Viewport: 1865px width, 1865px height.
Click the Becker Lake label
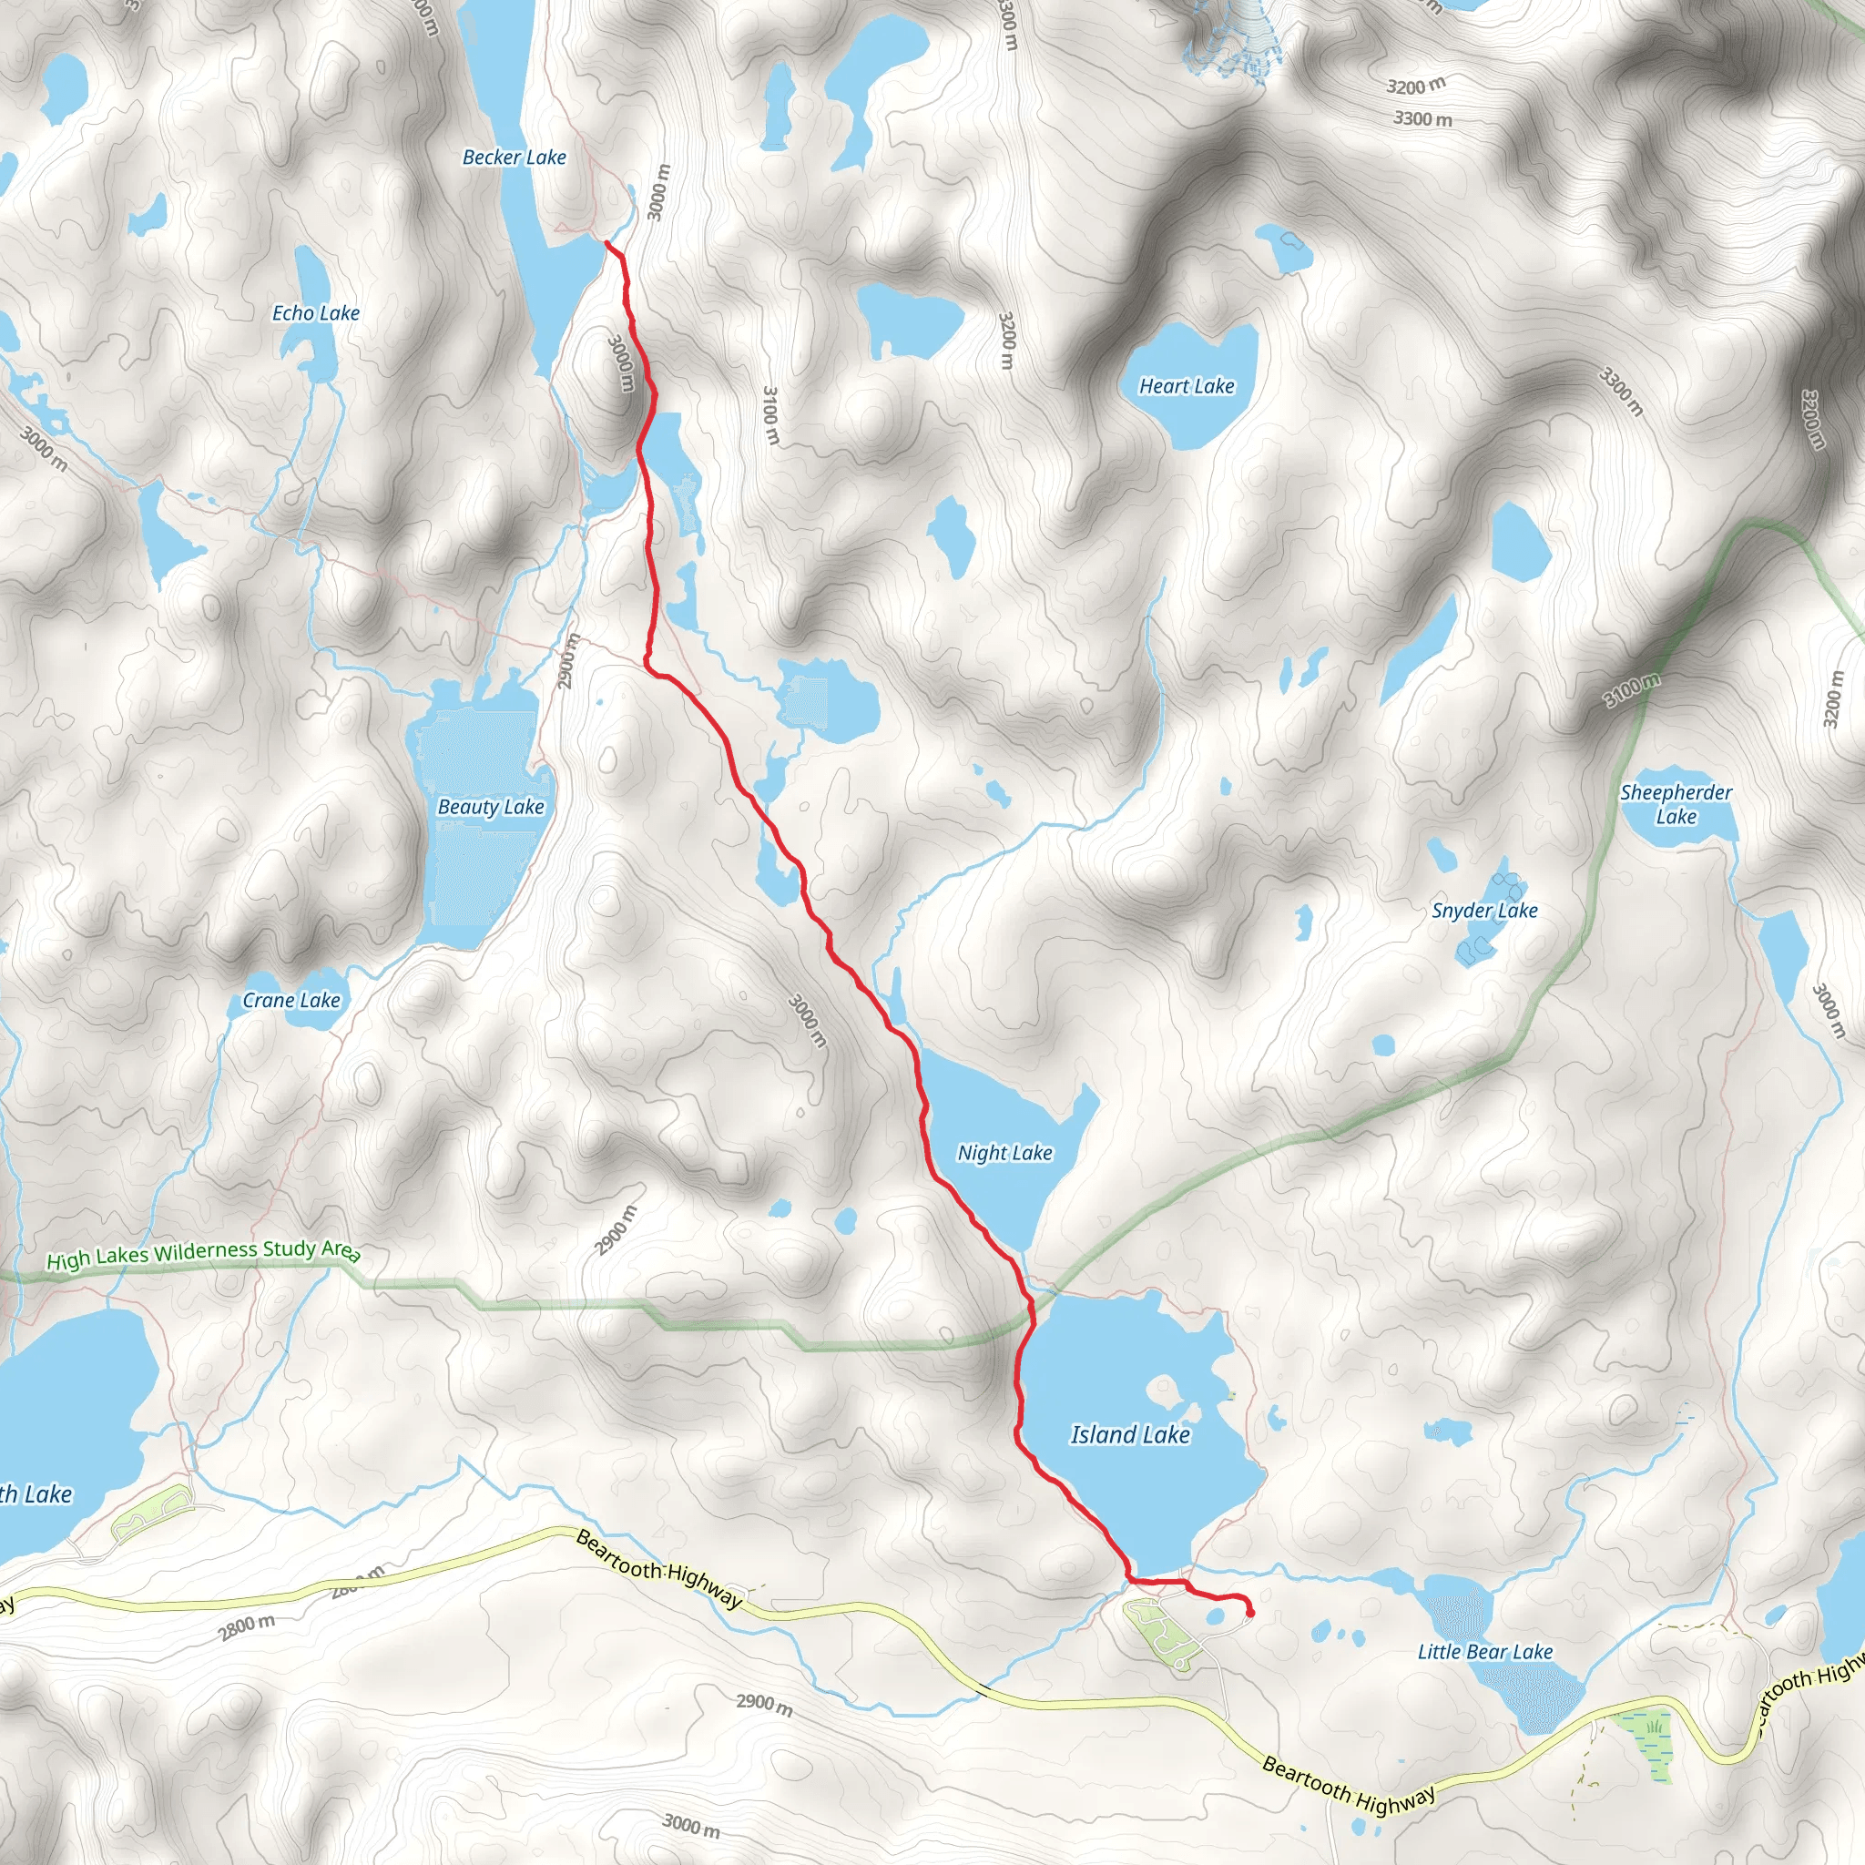(x=514, y=158)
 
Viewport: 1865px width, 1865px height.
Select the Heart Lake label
(x=1187, y=386)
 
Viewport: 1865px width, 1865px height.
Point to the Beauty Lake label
(x=491, y=807)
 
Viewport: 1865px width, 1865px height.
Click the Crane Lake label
(x=291, y=1000)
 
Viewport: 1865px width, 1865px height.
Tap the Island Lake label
(x=1129, y=1434)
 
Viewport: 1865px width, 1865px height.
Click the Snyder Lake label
(x=1483, y=911)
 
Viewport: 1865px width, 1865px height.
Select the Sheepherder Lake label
(x=1676, y=804)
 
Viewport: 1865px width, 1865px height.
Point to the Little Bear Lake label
(x=1484, y=1652)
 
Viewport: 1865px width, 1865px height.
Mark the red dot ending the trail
(x=1250, y=1613)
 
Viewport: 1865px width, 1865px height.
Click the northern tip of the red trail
(x=607, y=244)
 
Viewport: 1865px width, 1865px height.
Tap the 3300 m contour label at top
(x=1422, y=119)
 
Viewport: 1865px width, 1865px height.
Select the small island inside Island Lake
(x=1162, y=1392)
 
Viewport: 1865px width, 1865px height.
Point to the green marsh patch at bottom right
(x=1652, y=1737)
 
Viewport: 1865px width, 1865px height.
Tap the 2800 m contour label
(x=246, y=1627)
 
